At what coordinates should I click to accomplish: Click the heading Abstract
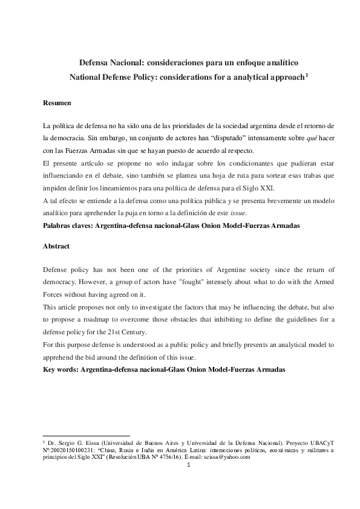click(57, 247)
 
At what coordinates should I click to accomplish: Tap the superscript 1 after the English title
click(307, 75)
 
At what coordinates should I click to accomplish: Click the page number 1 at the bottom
click(188, 465)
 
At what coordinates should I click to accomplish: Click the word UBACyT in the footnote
click(319, 443)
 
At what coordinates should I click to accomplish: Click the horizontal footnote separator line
click(87, 435)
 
